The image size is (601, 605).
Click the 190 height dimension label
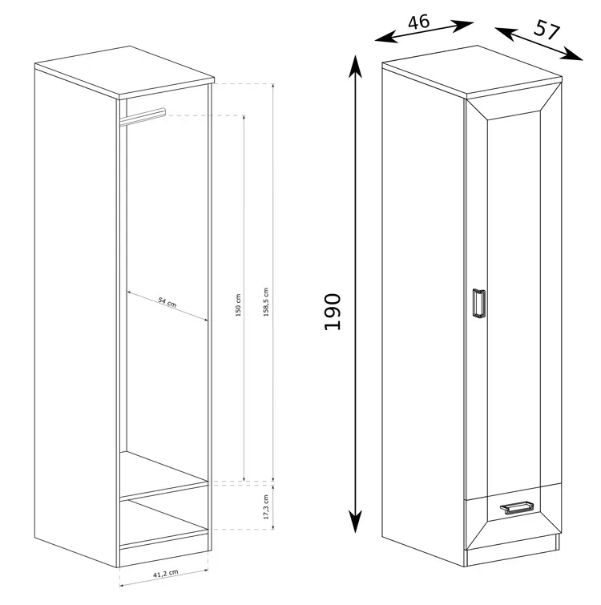pyautogui.click(x=333, y=312)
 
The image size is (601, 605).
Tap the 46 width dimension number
pyautogui.click(x=418, y=22)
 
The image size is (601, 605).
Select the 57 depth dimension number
pyautogui.click(x=547, y=30)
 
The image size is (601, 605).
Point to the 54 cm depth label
pyautogui.click(x=167, y=302)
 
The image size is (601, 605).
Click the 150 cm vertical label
pyautogui.click(x=238, y=305)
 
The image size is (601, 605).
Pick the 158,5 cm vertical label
pyautogui.click(x=266, y=302)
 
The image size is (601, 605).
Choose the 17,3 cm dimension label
pyautogui.click(x=266, y=506)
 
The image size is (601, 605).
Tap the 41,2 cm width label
pyautogui.click(x=166, y=574)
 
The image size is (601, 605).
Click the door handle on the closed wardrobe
pyautogui.click(x=478, y=303)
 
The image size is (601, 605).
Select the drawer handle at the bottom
pyautogui.click(x=517, y=506)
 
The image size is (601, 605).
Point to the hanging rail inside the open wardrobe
pyautogui.click(x=143, y=117)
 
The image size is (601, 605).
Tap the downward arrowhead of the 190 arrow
pyautogui.click(x=355, y=522)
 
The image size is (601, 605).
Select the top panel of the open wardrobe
pyautogui.click(x=124, y=71)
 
